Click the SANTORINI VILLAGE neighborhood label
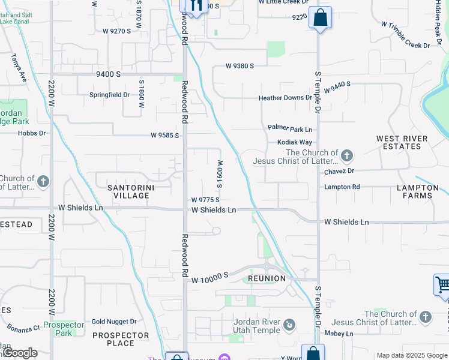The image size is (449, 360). click(128, 191)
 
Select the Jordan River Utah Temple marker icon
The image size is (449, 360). click(289, 325)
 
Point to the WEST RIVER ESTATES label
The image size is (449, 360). click(402, 142)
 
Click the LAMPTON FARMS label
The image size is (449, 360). click(418, 191)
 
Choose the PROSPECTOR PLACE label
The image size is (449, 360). click(120, 339)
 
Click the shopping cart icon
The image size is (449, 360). click(442, 284)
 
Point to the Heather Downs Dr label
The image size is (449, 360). click(285, 98)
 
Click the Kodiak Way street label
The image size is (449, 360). click(295, 142)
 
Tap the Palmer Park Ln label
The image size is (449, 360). click(290, 129)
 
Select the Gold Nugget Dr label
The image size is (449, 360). click(114, 322)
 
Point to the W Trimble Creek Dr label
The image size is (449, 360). click(405, 35)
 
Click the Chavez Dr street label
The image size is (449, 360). click(340, 171)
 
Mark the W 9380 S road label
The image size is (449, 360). click(240, 66)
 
